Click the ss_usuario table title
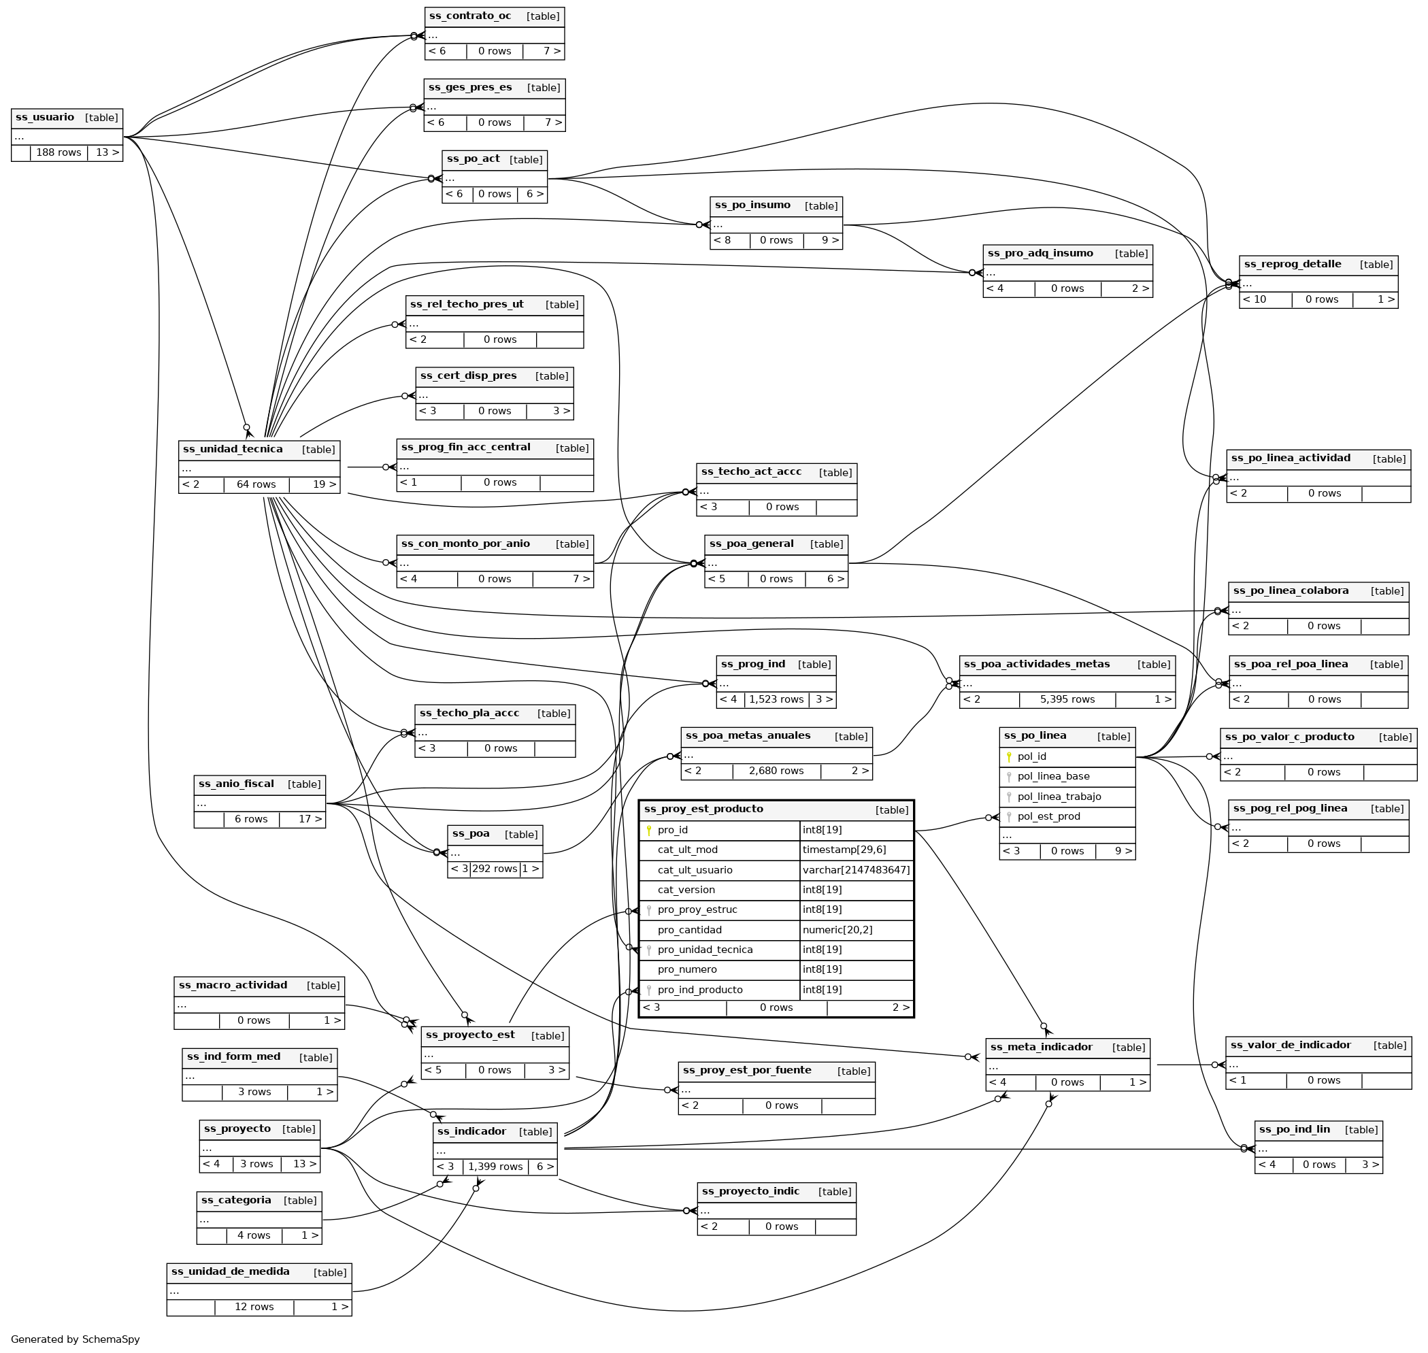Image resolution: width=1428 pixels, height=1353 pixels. click(45, 118)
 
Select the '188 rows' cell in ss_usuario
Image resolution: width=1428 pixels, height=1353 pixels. click(59, 153)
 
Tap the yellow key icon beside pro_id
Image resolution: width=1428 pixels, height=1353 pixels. click(649, 831)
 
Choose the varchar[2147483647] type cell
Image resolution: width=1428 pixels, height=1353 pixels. click(856, 871)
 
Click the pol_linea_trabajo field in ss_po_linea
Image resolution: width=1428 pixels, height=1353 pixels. click(1059, 797)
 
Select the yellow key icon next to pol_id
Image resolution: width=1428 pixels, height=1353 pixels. click(1009, 757)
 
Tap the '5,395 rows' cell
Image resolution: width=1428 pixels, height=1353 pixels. click(1067, 699)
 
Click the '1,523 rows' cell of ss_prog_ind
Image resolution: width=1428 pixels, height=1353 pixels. click(776, 699)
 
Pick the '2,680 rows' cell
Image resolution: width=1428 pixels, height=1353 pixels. click(776, 771)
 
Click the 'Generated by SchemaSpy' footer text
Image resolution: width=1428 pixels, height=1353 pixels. click(76, 1339)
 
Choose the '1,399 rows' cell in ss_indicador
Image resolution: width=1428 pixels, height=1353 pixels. click(495, 1167)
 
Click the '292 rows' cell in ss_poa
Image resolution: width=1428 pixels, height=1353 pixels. click(495, 869)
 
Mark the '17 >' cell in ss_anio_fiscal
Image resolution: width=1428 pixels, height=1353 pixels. click(310, 819)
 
